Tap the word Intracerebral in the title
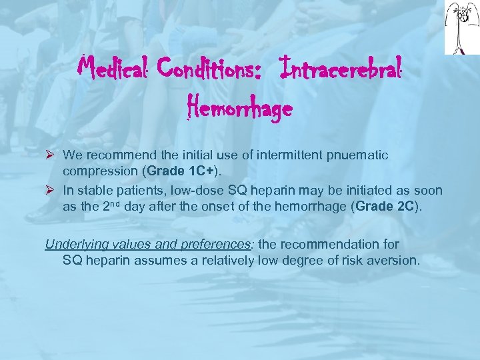pos(342,67)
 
